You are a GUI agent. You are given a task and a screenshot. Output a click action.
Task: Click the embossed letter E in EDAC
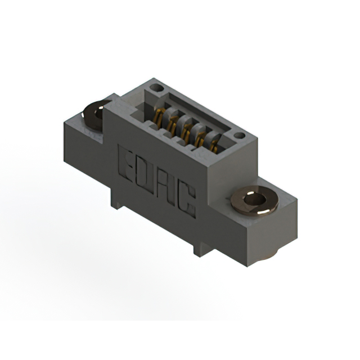(x=125, y=164)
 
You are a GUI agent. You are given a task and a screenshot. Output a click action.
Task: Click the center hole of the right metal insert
(x=255, y=199)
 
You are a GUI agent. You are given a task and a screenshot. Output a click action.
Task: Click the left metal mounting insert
(x=94, y=115)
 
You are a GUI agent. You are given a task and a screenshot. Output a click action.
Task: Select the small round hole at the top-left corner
(x=156, y=87)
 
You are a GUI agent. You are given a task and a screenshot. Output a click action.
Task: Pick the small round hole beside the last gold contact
(x=239, y=136)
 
